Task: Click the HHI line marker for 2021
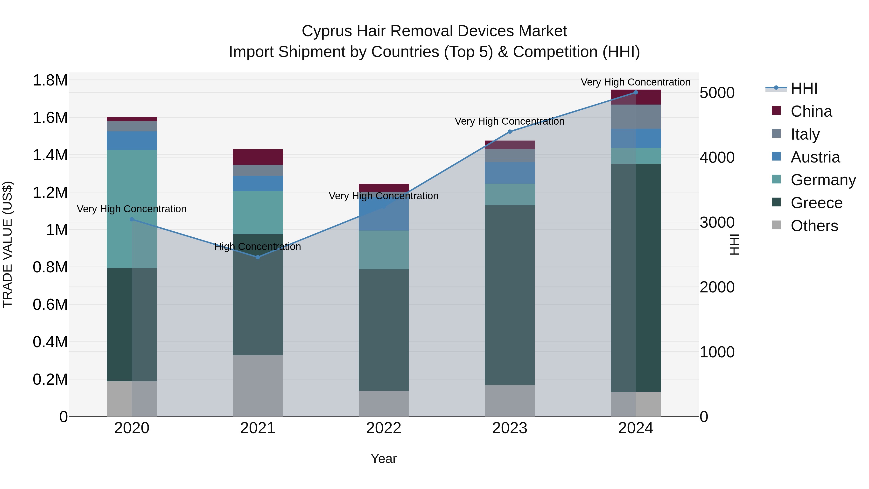pyautogui.click(x=258, y=257)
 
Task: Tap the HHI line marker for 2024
pyautogui.click(x=636, y=92)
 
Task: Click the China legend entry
pyautogui.click(x=811, y=111)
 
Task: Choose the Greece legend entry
pyautogui.click(x=816, y=203)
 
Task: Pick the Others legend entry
pyautogui.click(x=814, y=226)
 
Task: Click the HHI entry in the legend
pyautogui.click(x=804, y=88)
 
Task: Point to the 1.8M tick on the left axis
pyautogui.click(x=50, y=81)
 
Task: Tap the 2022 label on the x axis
pyautogui.click(x=384, y=428)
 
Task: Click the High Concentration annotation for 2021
pyautogui.click(x=258, y=247)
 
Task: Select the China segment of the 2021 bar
pyautogui.click(x=258, y=157)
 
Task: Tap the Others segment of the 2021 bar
pyautogui.click(x=258, y=385)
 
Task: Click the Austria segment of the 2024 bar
pyautogui.click(x=636, y=138)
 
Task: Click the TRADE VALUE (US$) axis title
pyautogui.click(x=8, y=244)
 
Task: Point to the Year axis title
pyautogui.click(x=384, y=459)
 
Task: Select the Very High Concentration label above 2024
pyautogui.click(x=635, y=82)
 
